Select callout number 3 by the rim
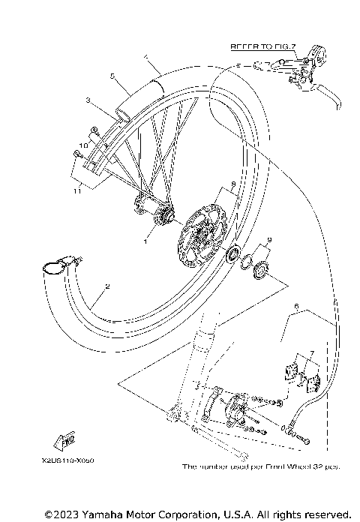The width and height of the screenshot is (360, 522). click(88, 100)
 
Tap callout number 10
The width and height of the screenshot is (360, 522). click(85, 143)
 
